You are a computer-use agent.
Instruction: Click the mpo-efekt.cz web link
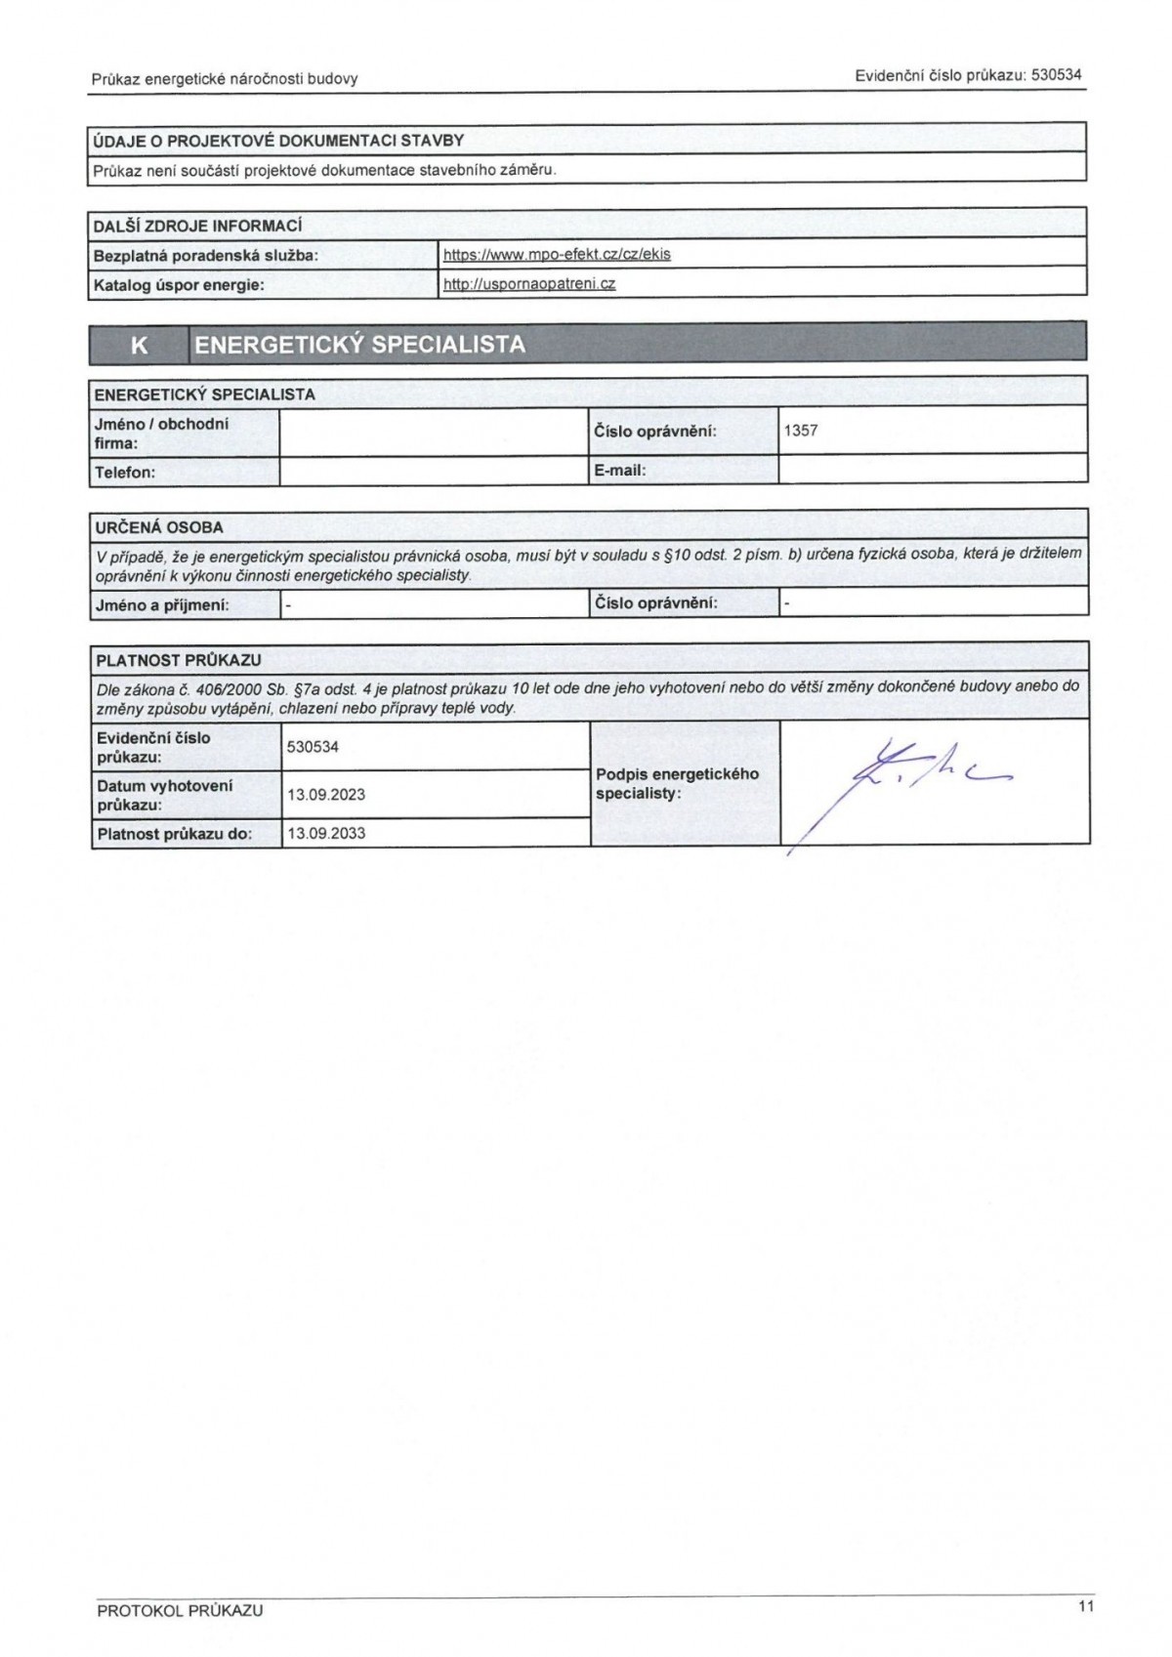point(557,254)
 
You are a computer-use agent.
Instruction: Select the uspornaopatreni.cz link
point(529,284)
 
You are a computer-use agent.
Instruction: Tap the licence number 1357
point(801,430)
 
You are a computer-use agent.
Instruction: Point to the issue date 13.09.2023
point(326,795)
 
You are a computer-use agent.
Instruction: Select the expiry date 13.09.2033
point(326,834)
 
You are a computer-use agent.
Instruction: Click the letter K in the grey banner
point(139,345)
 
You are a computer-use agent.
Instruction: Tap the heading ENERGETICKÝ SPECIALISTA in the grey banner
point(359,345)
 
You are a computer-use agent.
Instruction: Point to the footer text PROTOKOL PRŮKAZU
point(180,1611)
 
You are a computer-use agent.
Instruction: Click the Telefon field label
point(125,473)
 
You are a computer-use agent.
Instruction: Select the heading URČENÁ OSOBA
point(159,527)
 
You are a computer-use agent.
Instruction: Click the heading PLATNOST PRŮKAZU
point(179,660)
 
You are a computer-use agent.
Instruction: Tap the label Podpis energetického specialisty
point(677,784)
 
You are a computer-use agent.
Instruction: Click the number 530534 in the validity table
point(313,747)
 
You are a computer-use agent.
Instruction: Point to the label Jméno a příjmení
point(162,605)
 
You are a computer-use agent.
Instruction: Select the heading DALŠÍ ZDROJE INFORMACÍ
point(197,226)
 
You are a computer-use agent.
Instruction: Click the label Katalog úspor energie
point(179,286)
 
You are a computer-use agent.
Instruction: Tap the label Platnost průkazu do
point(175,834)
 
